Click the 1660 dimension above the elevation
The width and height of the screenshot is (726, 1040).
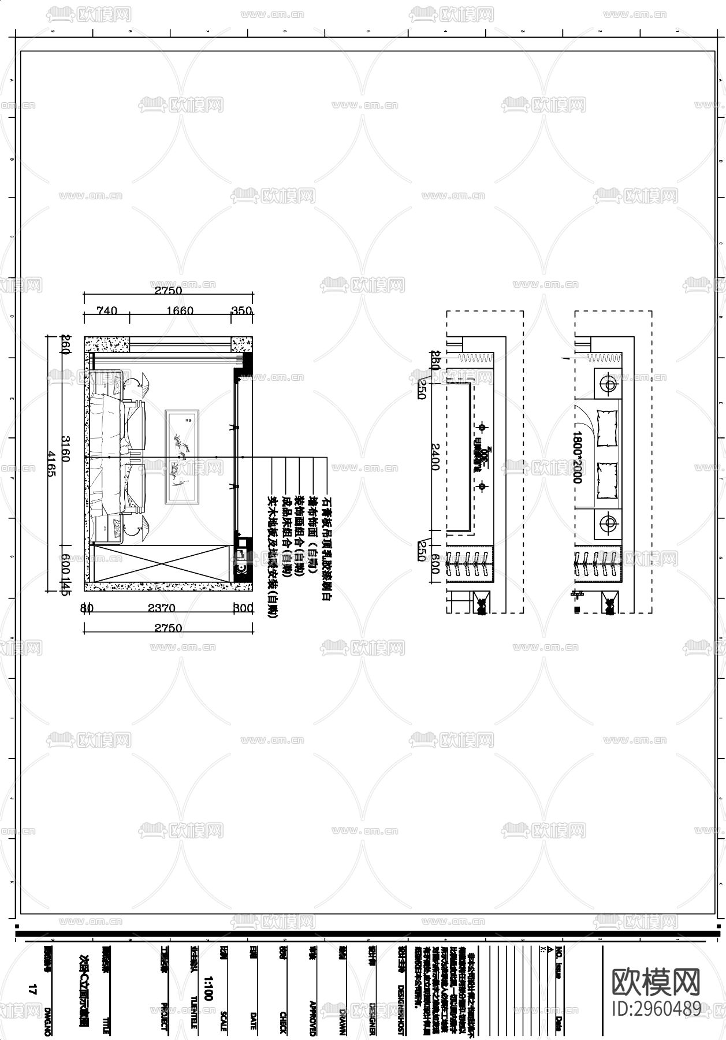[x=180, y=311]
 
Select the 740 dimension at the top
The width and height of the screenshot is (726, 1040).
[x=106, y=311]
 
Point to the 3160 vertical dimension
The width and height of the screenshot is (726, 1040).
[x=65, y=448]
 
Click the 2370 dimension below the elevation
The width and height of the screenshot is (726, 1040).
[x=161, y=608]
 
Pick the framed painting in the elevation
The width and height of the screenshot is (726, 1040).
[x=182, y=456]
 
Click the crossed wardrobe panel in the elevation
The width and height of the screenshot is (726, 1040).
[x=161, y=563]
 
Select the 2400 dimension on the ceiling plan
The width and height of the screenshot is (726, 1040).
[x=436, y=456]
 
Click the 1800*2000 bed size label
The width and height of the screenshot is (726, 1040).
[x=578, y=456]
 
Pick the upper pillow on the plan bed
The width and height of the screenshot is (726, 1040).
[x=607, y=428]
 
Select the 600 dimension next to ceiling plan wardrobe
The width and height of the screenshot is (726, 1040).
[x=435, y=563]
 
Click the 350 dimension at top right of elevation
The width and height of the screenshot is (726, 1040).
[x=241, y=311]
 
